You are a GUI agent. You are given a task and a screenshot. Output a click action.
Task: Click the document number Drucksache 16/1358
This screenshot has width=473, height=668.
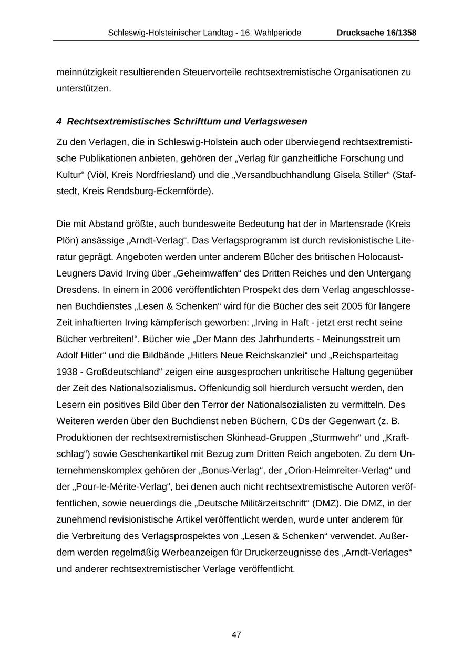pyautogui.click(x=376, y=33)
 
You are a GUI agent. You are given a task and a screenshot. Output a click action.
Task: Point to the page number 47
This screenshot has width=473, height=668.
pyautogui.click(x=236, y=634)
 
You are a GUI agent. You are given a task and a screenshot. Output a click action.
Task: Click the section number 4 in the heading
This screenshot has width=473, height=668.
pyautogui.click(x=59, y=122)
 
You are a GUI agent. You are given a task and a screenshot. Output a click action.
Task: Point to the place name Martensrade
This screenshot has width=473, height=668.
pyautogui.click(x=356, y=224)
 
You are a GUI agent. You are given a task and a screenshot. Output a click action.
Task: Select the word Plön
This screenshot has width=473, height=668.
pyautogui.click(x=66, y=241)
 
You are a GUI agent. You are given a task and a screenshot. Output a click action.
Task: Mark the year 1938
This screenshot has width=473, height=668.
pyautogui.click(x=67, y=372)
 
